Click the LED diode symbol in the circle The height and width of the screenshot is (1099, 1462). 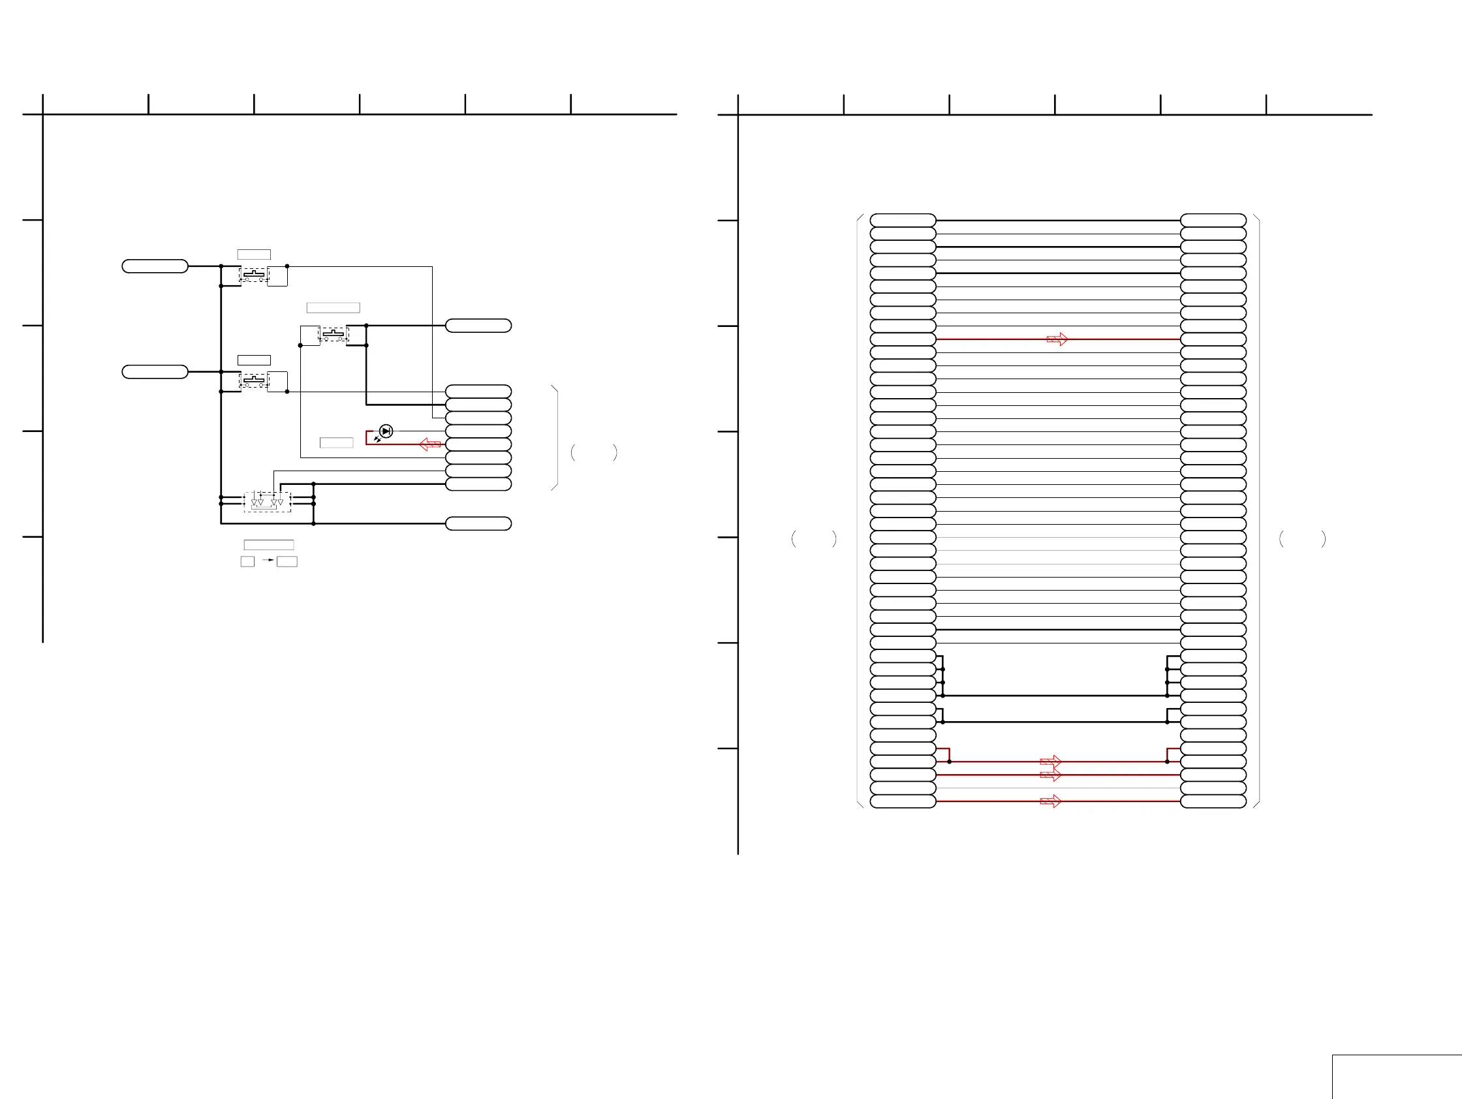(386, 431)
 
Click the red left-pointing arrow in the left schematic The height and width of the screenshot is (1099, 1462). (430, 444)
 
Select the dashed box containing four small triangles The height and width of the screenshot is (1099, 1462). (267, 502)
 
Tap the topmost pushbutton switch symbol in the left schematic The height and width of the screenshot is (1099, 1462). (254, 275)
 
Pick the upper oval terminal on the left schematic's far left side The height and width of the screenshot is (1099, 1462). (155, 266)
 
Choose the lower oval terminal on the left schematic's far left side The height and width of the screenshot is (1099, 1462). (155, 372)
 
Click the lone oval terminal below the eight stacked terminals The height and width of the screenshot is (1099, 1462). (478, 523)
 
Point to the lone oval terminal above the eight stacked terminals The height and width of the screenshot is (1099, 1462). (478, 326)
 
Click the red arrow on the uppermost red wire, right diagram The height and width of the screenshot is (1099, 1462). (1057, 339)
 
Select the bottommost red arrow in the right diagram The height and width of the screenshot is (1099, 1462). (1050, 801)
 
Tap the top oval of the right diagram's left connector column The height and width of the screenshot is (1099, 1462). (902, 221)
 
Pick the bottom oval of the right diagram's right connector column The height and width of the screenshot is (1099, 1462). (1213, 801)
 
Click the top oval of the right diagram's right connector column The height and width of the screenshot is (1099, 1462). (1213, 221)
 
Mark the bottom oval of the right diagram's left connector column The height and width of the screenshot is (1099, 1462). (902, 801)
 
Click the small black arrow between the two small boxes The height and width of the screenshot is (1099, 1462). (268, 561)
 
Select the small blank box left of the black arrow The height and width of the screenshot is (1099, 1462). (247, 561)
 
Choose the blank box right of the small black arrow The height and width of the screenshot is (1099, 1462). (287, 561)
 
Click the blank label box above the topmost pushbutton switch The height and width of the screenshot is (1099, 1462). (254, 255)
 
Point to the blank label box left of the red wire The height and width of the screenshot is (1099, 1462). (336, 442)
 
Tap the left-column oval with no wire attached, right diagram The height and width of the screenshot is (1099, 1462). (902, 735)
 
